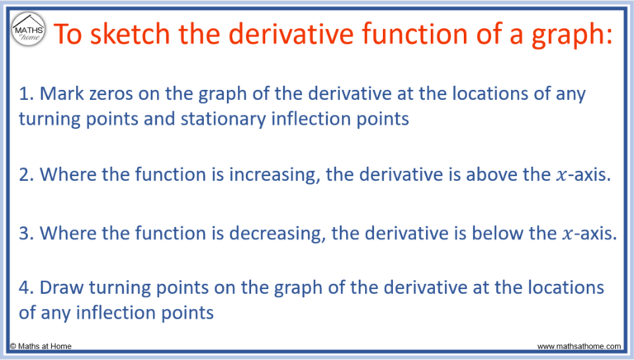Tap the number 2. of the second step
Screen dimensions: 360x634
pyautogui.click(x=26, y=175)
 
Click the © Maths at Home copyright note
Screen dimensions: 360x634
pyautogui.click(x=42, y=346)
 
